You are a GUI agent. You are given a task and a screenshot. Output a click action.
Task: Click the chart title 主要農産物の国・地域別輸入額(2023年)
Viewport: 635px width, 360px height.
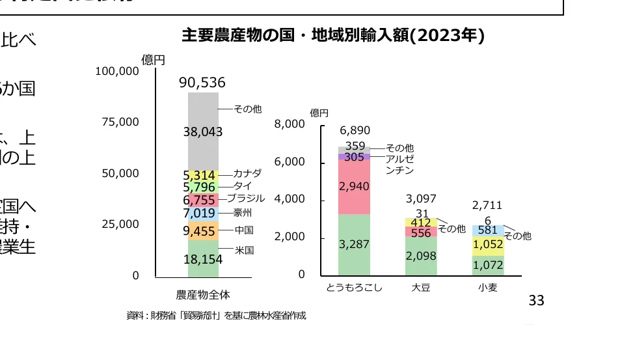[x=333, y=35]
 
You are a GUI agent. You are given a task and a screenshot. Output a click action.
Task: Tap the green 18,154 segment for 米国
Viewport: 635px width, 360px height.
[x=203, y=258]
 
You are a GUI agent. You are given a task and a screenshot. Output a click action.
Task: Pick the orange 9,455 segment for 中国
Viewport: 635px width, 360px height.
[x=203, y=230]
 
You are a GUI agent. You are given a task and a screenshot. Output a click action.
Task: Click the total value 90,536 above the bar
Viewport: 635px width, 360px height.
[x=202, y=83]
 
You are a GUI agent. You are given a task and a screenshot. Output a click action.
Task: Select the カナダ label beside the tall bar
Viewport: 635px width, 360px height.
[x=247, y=173]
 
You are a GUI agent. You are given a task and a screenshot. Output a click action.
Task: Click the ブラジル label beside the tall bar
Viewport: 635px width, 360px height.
[x=250, y=198]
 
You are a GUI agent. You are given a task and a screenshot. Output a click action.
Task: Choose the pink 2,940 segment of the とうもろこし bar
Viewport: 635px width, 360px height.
[x=355, y=187]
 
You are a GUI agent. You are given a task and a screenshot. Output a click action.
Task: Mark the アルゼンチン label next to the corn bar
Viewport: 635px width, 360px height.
[x=400, y=164]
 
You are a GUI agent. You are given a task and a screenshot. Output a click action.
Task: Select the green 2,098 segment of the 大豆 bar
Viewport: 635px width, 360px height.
[x=421, y=256]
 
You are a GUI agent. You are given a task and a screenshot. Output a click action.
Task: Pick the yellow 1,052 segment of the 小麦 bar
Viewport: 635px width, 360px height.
[x=488, y=245]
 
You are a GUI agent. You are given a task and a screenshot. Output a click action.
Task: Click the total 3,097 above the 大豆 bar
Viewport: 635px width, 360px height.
[x=421, y=199]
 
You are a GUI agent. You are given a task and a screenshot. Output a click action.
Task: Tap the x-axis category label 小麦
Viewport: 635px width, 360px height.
[x=487, y=287]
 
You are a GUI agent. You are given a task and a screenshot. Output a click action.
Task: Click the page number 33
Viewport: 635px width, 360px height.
[x=536, y=301]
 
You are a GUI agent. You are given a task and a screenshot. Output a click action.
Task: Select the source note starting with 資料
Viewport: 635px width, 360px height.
[x=216, y=316]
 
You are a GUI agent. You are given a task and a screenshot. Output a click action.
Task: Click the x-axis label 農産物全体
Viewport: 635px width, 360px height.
[x=203, y=294]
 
